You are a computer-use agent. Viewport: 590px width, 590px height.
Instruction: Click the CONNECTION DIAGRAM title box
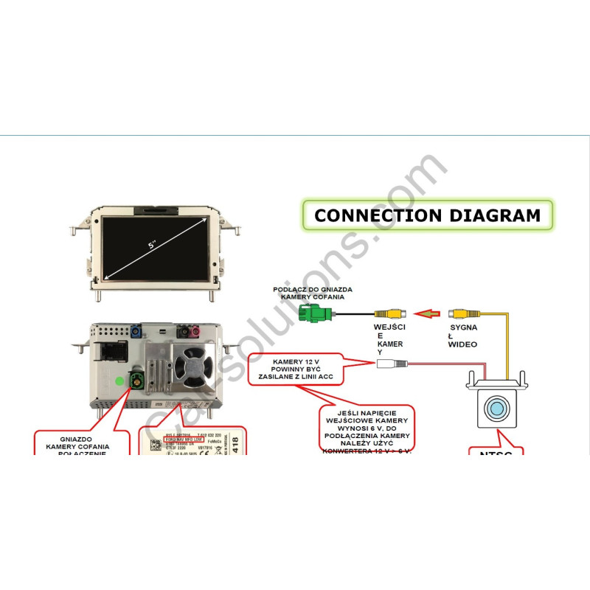point(427,215)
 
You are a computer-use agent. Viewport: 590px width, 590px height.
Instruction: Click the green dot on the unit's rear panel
point(119,381)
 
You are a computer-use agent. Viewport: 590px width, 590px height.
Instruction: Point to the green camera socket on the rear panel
point(137,381)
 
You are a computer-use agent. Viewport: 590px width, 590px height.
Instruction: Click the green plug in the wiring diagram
point(315,313)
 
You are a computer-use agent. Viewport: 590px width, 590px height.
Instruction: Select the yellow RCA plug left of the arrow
point(389,313)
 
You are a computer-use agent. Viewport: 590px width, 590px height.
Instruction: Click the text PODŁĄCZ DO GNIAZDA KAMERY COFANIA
point(313,293)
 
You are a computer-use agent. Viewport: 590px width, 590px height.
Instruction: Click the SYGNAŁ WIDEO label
point(463,336)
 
